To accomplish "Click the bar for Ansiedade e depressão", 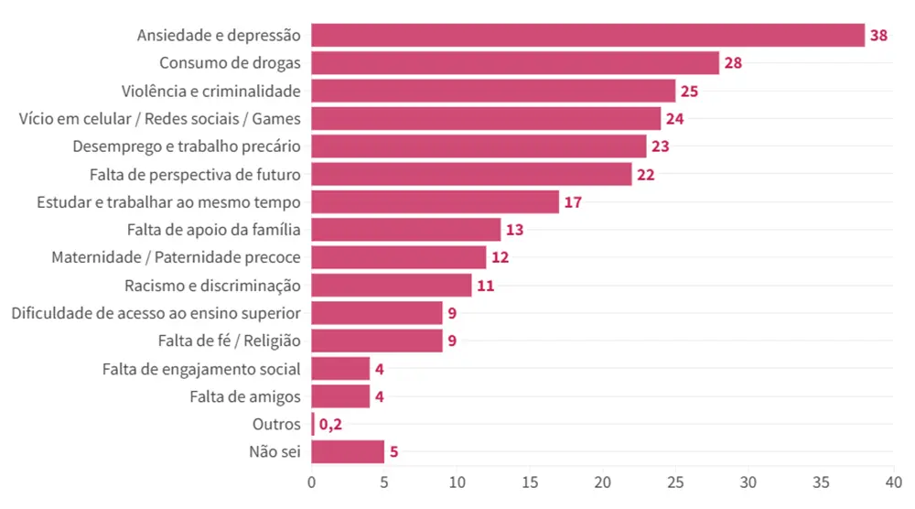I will coord(587,36).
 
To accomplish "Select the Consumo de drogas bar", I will coord(515,63).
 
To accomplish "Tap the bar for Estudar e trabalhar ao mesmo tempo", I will coord(435,202).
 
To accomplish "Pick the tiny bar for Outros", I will coord(313,425).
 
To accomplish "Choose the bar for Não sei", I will coord(348,452).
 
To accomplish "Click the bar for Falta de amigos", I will coord(340,396).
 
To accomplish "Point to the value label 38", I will coord(878,36).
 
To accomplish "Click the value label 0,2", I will coord(330,425).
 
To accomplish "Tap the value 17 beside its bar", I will coord(573,202).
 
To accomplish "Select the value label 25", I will coord(689,92).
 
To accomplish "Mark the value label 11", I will coord(485,286).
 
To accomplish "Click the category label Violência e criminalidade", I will coord(211,92).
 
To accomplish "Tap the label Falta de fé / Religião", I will coord(230,341).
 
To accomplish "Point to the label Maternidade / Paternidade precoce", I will coord(176,258).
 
